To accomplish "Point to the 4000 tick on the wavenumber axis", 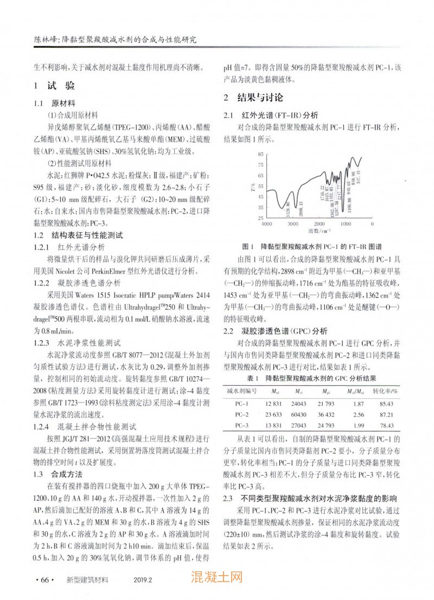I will pyautogui.click(x=267, y=223).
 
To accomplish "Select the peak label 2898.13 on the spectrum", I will pyautogui.click(x=300, y=207).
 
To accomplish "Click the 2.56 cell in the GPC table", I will pyautogui.click(x=358, y=414).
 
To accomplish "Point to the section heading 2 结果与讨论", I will pyautogui.click(x=253, y=98).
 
